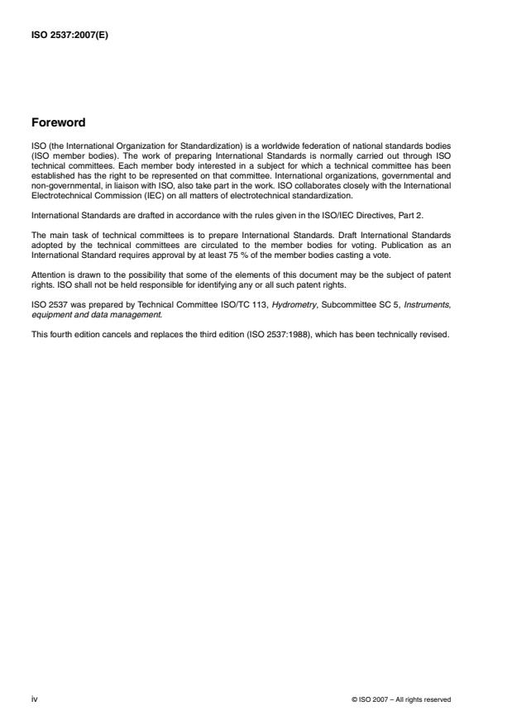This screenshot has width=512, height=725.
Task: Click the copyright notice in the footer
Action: point(401,699)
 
